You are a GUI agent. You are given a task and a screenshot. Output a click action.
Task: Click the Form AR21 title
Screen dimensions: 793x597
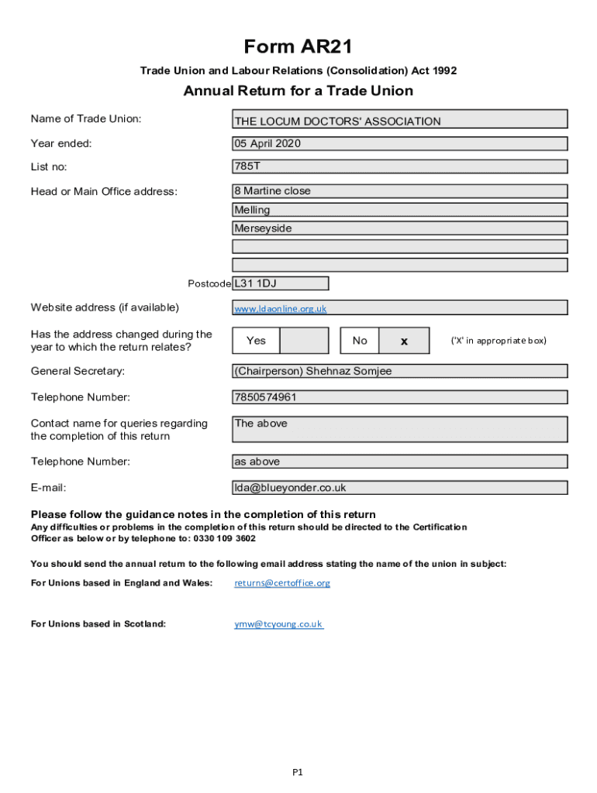[298, 47]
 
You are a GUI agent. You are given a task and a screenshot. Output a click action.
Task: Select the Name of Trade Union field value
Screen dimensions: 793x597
[400, 119]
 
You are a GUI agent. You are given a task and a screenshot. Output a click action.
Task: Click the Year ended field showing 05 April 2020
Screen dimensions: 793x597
[400, 143]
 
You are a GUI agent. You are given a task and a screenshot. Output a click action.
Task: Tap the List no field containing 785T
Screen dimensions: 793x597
[400, 166]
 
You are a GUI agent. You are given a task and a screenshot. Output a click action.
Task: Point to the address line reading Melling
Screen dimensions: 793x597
[400, 210]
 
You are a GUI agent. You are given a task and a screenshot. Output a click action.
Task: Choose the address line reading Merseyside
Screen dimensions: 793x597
[400, 228]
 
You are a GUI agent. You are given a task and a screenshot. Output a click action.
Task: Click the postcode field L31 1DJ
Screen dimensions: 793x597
[281, 283]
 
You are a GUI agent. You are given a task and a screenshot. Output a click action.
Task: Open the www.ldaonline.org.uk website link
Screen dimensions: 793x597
[281, 309]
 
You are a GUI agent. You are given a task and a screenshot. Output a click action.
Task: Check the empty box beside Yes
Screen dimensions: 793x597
[303, 341]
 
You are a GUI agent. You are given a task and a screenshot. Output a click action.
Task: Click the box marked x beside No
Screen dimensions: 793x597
[404, 341]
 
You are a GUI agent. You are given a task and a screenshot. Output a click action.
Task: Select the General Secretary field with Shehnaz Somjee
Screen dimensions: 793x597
[400, 371]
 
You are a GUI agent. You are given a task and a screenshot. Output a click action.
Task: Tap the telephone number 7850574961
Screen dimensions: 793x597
[400, 397]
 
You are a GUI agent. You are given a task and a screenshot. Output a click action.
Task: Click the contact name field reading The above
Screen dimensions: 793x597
[400, 429]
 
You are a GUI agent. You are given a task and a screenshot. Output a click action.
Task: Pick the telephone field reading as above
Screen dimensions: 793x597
[400, 462]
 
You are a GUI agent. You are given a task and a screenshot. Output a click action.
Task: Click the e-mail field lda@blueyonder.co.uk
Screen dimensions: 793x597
[400, 488]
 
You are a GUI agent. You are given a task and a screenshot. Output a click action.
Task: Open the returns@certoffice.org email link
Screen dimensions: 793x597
[282, 583]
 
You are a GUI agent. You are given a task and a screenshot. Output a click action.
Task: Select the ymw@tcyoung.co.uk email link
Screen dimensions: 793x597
[278, 623]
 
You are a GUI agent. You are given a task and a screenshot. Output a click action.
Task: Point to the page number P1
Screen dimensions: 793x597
[298, 772]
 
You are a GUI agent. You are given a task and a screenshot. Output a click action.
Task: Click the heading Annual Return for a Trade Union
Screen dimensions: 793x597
[298, 91]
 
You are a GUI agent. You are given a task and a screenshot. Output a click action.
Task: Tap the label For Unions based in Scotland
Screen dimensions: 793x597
[98, 623]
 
